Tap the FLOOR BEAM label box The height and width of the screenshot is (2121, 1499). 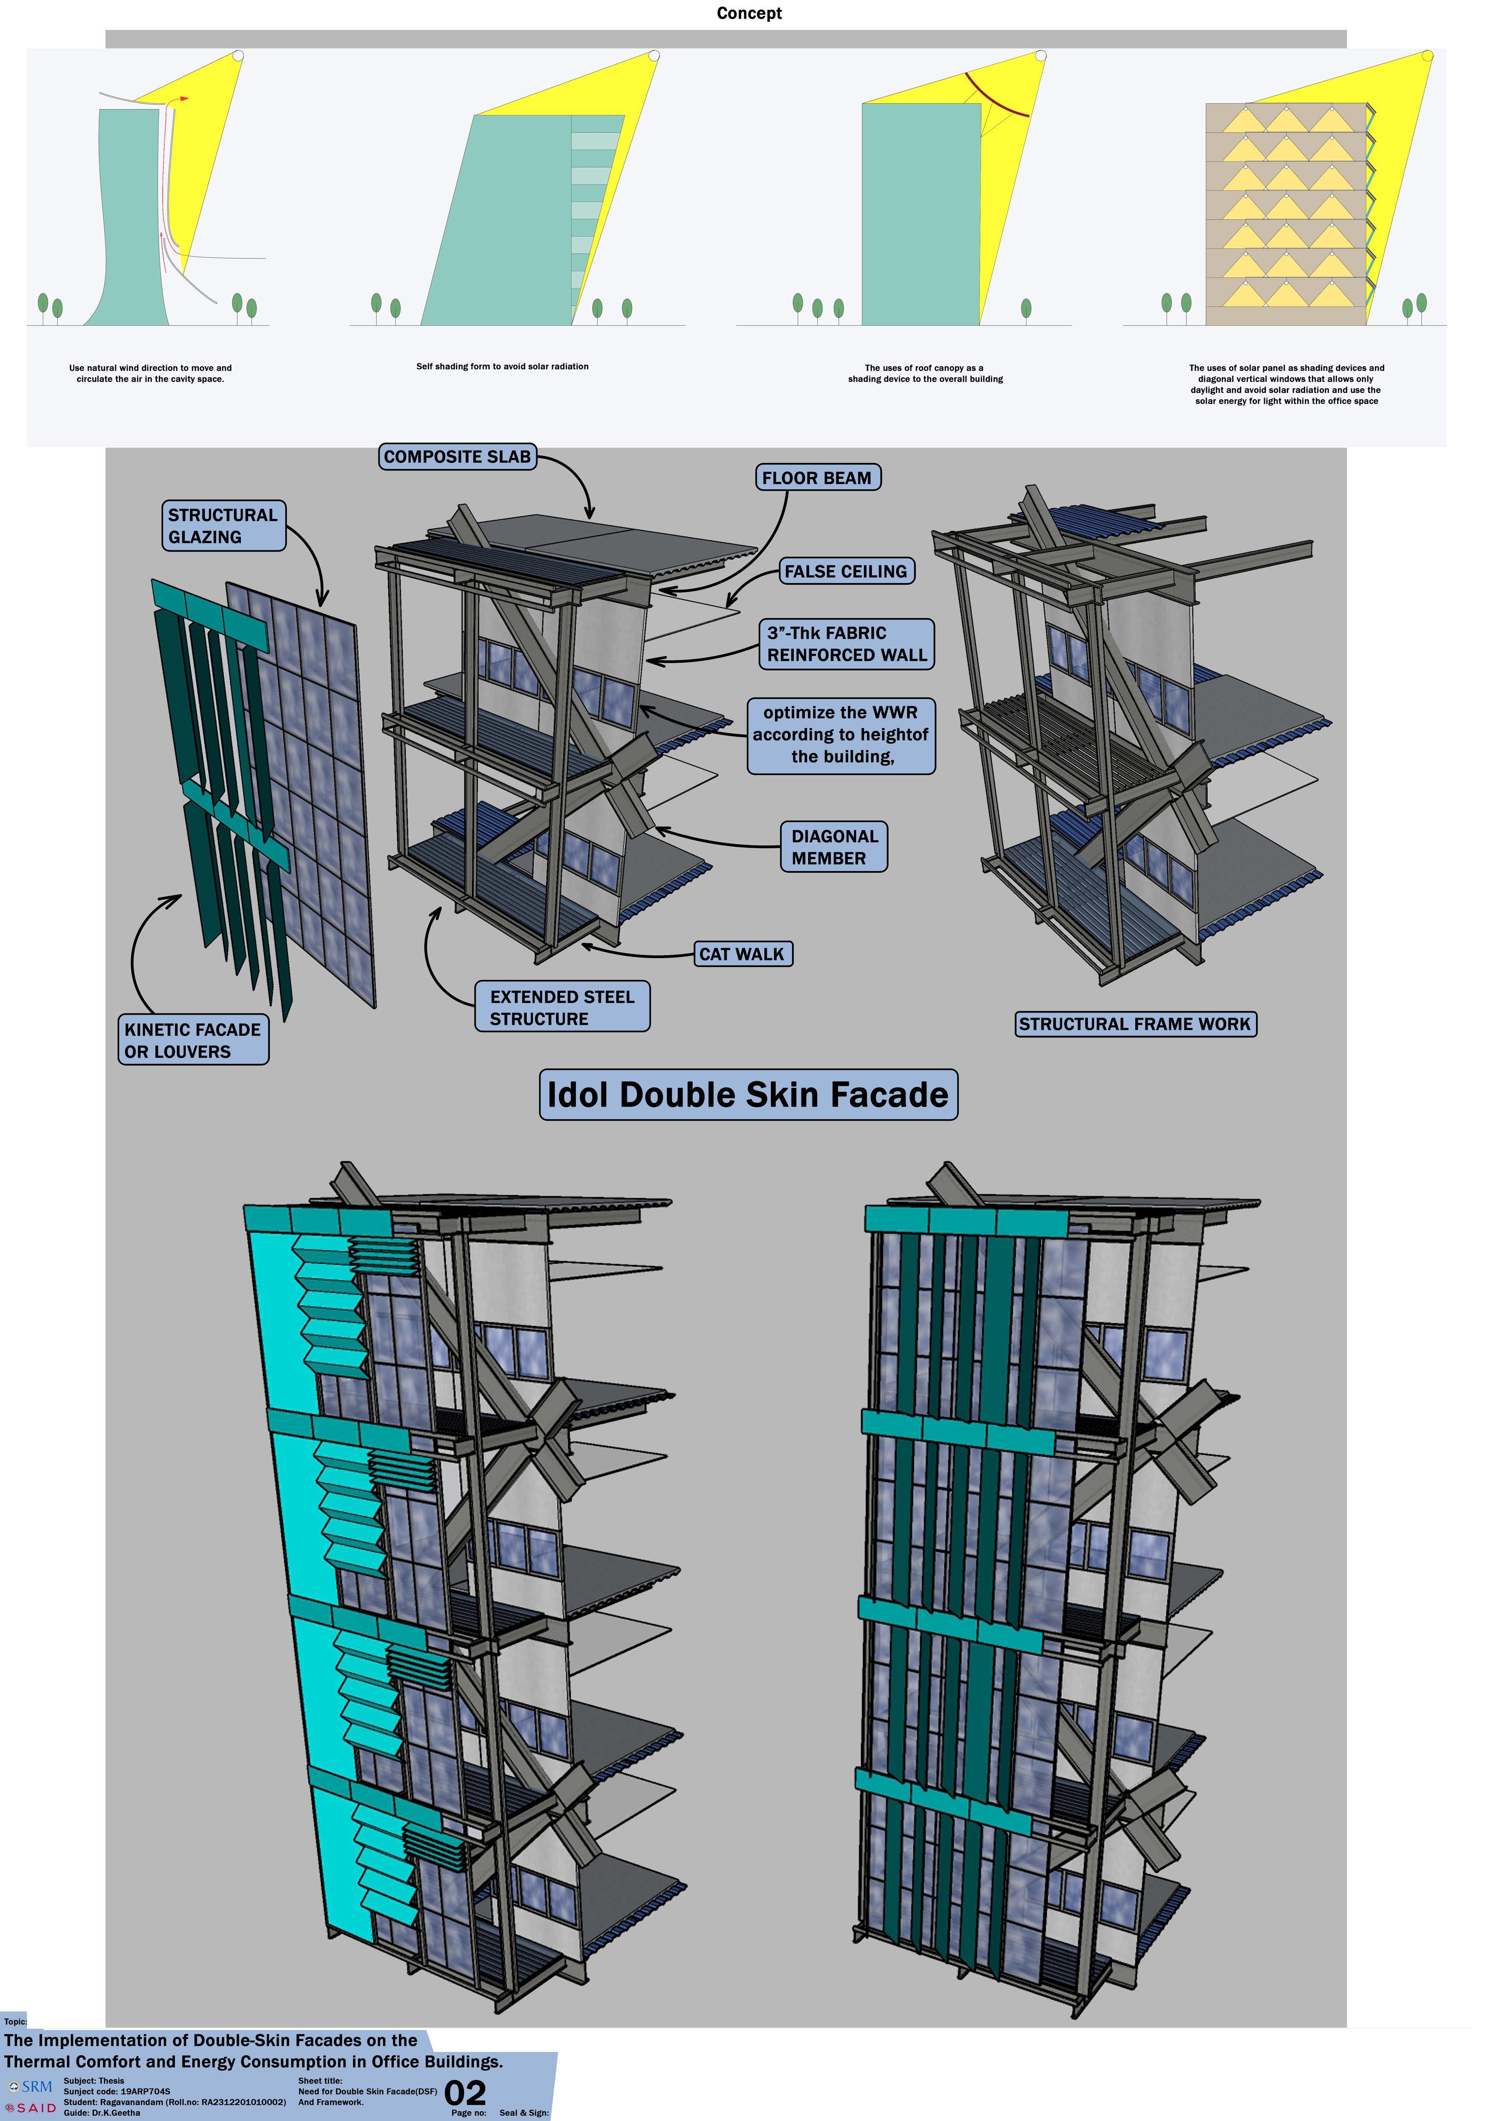(816, 477)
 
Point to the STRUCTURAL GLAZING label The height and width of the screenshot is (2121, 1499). (222, 526)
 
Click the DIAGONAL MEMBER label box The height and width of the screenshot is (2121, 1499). (834, 846)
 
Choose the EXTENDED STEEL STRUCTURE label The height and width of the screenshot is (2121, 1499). (562, 1007)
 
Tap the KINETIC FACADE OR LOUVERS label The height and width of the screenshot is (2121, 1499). (193, 1040)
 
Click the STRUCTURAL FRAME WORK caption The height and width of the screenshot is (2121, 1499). (1135, 1024)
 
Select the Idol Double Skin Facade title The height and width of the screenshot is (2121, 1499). (748, 1095)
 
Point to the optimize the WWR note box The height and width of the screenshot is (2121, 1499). (841, 734)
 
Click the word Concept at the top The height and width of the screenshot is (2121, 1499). (749, 13)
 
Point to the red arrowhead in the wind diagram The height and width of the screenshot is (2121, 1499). (185, 98)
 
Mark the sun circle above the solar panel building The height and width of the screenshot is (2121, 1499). (1427, 56)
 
